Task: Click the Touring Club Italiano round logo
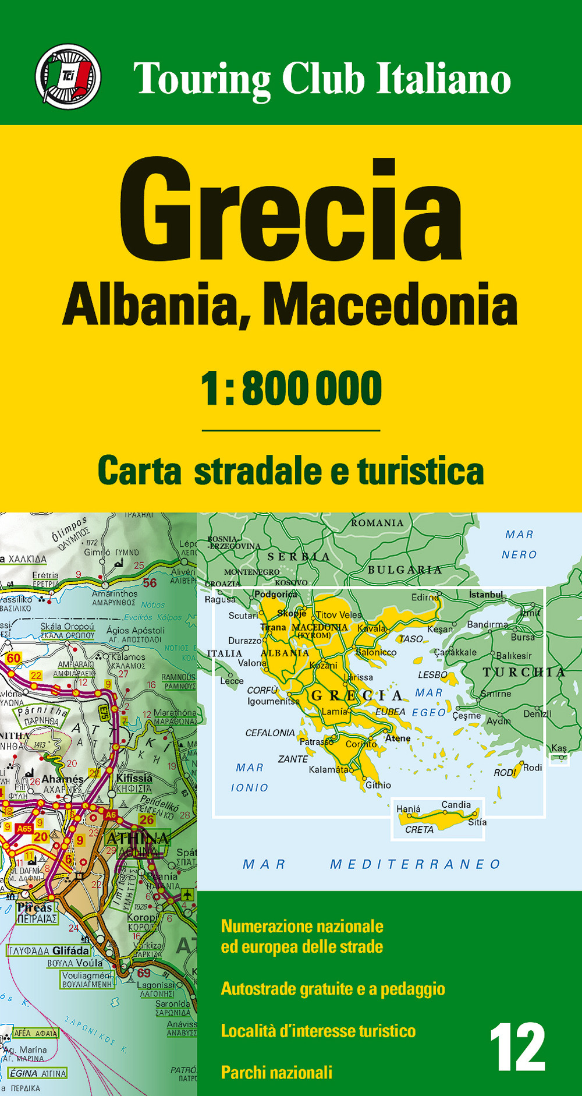(x=68, y=76)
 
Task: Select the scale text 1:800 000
(x=291, y=388)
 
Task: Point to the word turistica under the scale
(x=420, y=471)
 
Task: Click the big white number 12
(x=517, y=1048)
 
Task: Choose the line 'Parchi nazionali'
(x=276, y=1072)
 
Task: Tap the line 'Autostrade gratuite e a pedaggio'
(x=332, y=988)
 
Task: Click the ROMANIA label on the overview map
(x=377, y=523)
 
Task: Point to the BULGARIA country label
(x=404, y=570)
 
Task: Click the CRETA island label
(x=419, y=829)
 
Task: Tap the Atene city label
(x=398, y=738)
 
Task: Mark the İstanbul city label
(x=486, y=594)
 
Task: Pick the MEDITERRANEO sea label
(x=416, y=864)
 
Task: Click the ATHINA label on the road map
(x=138, y=838)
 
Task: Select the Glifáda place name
(x=70, y=950)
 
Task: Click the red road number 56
(x=150, y=583)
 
